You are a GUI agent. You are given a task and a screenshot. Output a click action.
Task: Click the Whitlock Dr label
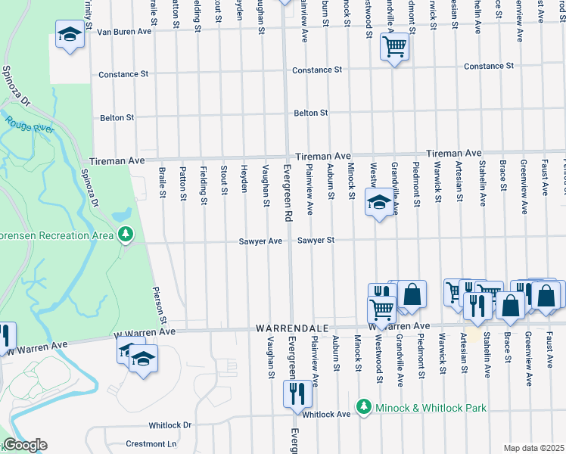point(170,425)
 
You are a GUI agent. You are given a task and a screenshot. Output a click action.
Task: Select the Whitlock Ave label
point(326,414)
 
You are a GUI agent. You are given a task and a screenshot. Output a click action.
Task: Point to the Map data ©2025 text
point(533,448)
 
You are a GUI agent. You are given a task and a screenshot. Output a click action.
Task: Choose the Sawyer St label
point(316,241)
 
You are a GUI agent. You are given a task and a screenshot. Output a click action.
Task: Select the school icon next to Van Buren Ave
point(70,34)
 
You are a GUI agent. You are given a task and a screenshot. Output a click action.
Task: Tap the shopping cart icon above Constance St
point(394,47)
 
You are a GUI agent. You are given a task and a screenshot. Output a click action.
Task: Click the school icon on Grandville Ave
point(378,201)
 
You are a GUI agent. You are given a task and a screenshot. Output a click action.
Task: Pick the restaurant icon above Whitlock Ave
point(295,392)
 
